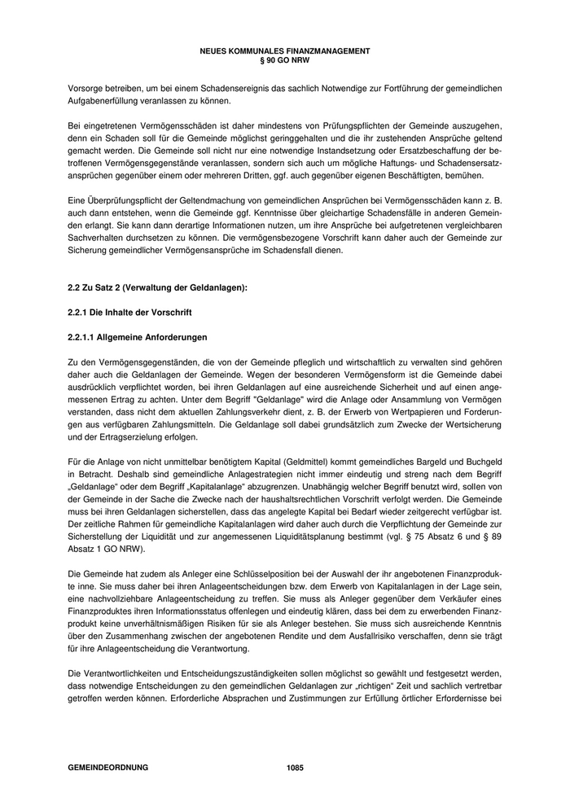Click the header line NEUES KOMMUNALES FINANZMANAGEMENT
(284, 50)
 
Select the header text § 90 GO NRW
(284, 59)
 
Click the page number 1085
(295, 767)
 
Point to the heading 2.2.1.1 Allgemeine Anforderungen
(137, 336)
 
